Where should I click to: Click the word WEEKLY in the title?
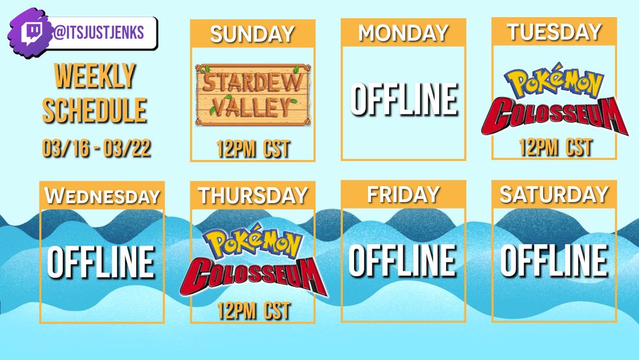coord(95,76)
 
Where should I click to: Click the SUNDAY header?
coord(252,34)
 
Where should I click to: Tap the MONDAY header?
coord(403,33)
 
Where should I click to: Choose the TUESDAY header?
coord(554,31)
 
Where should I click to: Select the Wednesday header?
coord(102,196)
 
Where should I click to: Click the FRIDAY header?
coord(403,194)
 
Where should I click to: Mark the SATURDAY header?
coord(554,194)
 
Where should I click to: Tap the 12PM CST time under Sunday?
coord(253,149)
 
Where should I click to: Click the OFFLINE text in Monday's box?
coord(403,100)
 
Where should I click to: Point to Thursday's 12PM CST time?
coord(253,311)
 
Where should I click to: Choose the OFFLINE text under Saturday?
coord(554,261)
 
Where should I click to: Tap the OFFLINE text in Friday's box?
coord(403,261)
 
